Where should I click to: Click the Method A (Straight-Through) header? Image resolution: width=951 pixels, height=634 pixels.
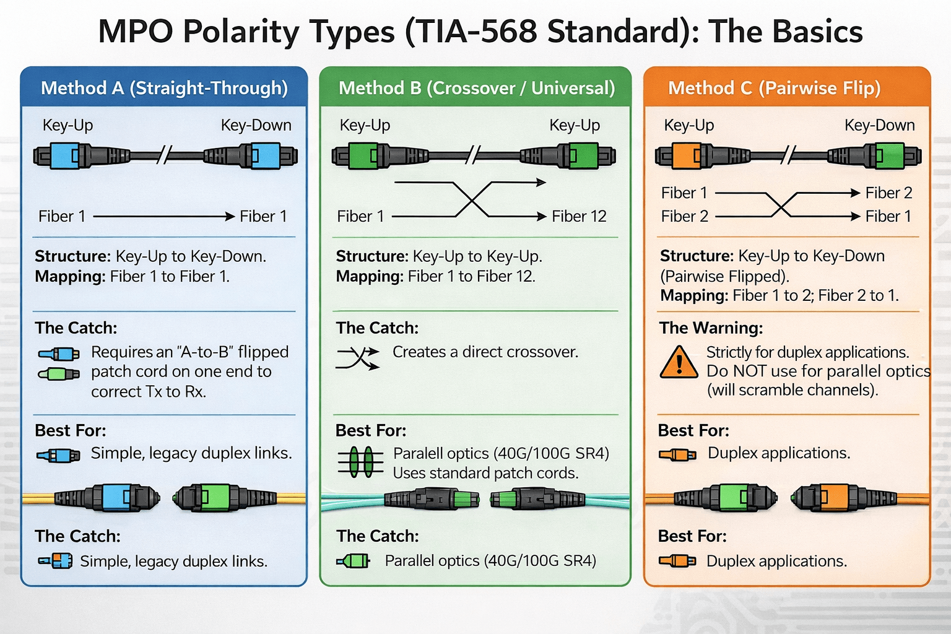click(x=164, y=88)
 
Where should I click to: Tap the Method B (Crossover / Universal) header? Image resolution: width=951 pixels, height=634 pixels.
click(x=476, y=88)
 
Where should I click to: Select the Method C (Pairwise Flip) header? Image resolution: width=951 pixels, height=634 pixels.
click(x=774, y=88)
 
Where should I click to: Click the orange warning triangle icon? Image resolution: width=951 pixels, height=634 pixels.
click(x=679, y=363)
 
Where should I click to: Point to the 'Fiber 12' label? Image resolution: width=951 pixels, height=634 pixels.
click(x=579, y=216)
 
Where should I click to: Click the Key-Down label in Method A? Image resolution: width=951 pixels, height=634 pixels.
click(x=256, y=125)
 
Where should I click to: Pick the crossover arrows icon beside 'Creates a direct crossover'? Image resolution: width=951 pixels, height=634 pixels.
click(x=357, y=358)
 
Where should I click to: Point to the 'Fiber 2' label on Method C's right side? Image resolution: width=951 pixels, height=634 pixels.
click(x=888, y=193)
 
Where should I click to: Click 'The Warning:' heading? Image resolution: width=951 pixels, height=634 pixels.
click(x=711, y=328)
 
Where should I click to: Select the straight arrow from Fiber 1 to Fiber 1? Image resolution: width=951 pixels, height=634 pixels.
click(x=164, y=216)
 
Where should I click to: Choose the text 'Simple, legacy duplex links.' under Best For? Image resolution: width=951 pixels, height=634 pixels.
click(x=191, y=453)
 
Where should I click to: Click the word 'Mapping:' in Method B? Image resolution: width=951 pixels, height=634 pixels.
click(x=370, y=276)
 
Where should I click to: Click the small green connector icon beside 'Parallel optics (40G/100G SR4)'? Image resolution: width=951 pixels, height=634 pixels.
click(x=354, y=561)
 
